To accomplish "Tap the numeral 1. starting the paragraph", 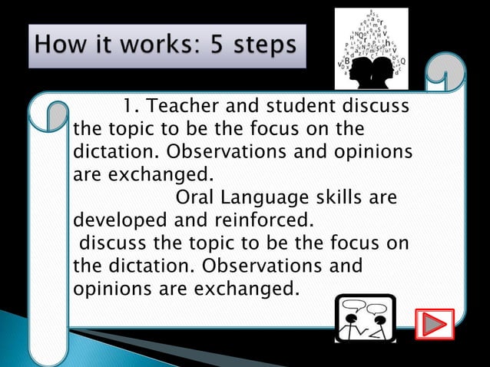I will point(128,105).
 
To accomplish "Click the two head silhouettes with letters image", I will point(372,48).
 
